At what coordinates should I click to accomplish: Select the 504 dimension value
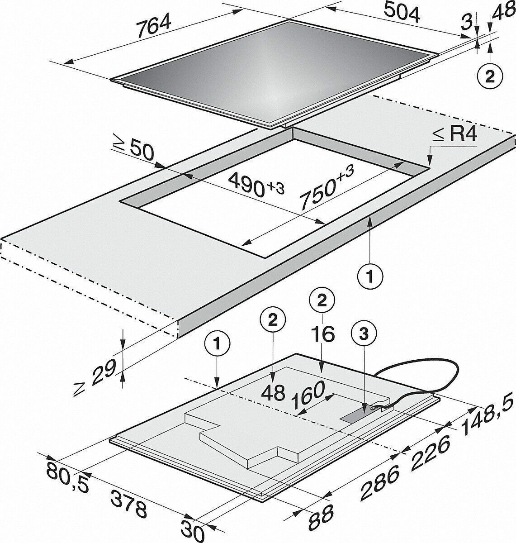(402, 14)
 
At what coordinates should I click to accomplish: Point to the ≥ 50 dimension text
(133, 150)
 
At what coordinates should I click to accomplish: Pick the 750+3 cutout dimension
(327, 184)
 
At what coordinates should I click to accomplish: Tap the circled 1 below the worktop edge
(370, 276)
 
